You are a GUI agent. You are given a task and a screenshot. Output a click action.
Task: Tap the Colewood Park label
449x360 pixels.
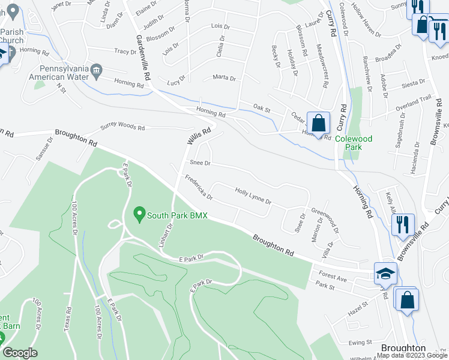[354, 142]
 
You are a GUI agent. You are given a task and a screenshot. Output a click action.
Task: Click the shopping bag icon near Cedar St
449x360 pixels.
[319, 123]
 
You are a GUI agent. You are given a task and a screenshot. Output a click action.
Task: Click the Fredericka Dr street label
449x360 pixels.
[199, 188]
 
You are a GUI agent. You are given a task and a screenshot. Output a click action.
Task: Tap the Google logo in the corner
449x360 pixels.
[20, 353]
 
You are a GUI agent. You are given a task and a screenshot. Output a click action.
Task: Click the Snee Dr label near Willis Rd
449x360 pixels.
[200, 163]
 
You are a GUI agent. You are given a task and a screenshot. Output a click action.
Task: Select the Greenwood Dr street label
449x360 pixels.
[325, 220]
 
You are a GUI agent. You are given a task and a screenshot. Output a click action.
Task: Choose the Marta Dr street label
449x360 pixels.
[224, 78]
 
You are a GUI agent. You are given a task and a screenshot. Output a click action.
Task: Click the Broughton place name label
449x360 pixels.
[403, 349]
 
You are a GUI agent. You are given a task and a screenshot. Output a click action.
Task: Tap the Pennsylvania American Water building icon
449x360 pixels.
[96, 73]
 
